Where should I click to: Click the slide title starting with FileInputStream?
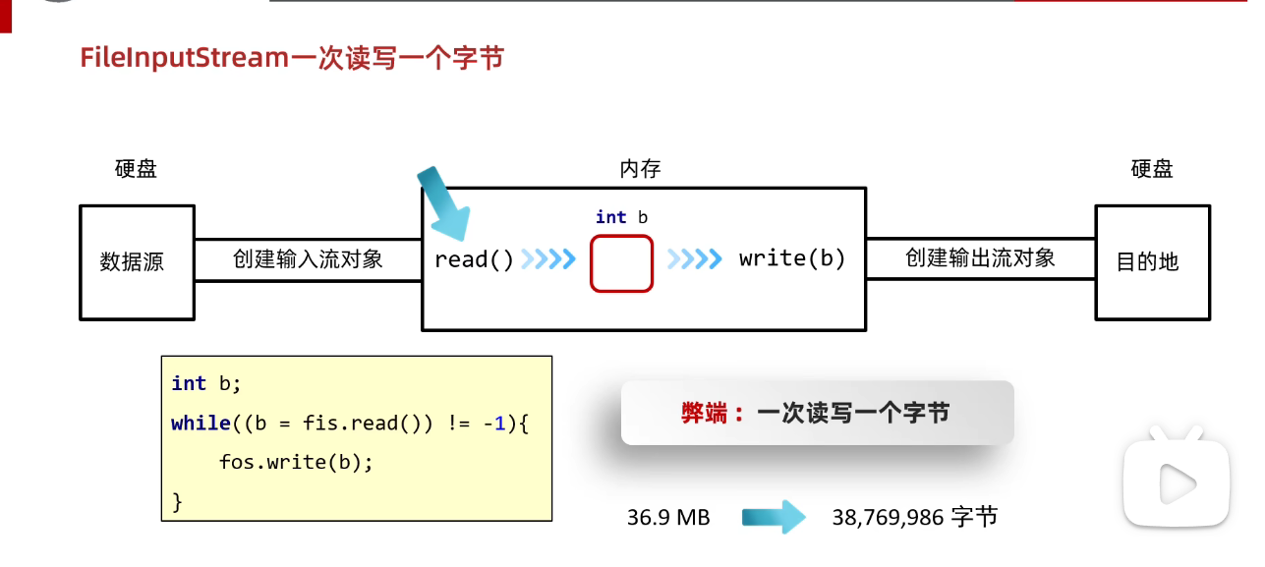292,58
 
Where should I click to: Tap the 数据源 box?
137,262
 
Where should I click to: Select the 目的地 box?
1152,262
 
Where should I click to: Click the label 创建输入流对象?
308,259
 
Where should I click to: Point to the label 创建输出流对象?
980,258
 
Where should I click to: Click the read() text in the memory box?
474,260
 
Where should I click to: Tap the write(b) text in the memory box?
792,259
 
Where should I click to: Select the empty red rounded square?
621,263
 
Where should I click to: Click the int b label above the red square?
621,217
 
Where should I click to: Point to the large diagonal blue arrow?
443,204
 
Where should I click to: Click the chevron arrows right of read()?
547,260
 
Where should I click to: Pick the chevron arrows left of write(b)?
694,260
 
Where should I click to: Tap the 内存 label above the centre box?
640,169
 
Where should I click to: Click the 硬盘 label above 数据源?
136,169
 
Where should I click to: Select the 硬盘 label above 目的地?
1152,169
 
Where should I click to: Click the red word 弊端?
706,414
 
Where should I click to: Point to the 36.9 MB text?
668,517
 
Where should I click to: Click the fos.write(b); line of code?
296,462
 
